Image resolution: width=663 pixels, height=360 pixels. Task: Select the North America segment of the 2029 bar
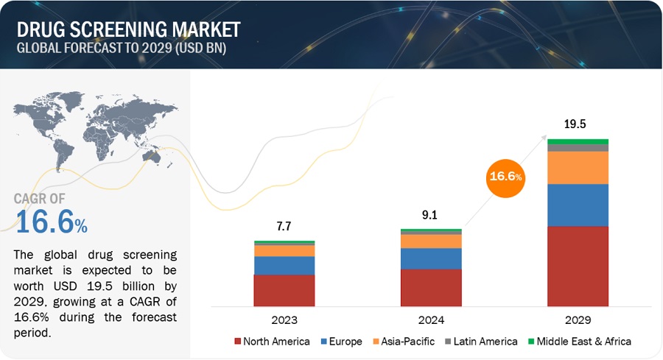[x=578, y=266]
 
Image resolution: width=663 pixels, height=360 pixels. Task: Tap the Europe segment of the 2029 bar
[x=578, y=205]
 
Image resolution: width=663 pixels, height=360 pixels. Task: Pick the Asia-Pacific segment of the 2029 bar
[x=578, y=167]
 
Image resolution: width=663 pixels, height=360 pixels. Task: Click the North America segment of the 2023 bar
[x=284, y=290]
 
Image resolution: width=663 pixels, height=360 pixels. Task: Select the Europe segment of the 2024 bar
[x=431, y=258]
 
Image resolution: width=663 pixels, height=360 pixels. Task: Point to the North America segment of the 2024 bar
[x=431, y=287]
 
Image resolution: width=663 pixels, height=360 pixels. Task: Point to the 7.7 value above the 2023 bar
[x=284, y=227]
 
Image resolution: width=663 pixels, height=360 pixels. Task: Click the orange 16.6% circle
[x=506, y=177]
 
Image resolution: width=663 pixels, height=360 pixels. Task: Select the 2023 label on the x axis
[x=284, y=320]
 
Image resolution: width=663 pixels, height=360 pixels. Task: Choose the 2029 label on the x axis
[x=578, y=320]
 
